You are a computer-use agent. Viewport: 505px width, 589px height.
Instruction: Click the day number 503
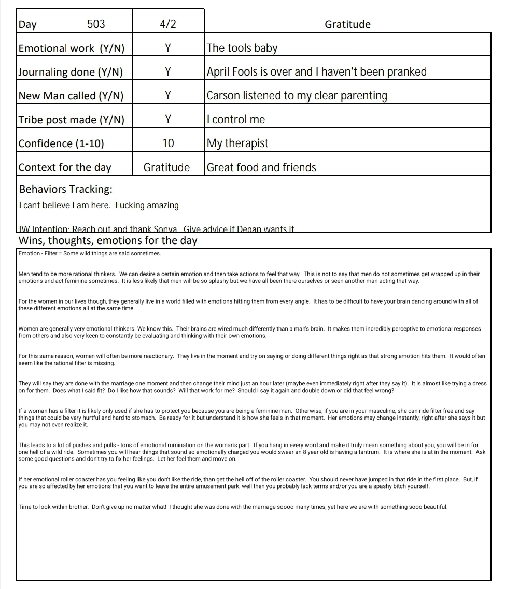[96, 24]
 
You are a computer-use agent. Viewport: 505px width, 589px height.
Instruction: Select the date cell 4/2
[168, 24]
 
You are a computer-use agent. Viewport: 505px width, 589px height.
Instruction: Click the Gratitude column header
[347, 24]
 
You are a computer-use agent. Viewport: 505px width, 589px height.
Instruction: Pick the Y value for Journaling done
[168, 72]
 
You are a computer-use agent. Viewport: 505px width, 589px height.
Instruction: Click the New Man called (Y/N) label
[71, 96]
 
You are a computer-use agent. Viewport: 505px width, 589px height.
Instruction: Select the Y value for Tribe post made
[168, 120]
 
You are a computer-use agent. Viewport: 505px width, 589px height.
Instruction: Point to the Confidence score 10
[168, 143]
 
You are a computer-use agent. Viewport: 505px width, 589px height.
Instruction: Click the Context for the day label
[65, 167]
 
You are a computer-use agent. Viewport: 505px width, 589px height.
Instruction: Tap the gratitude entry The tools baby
[242, 48]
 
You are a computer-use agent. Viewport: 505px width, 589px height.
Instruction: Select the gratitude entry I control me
[236, 120]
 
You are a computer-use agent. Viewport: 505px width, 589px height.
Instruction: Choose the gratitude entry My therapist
[237, 143]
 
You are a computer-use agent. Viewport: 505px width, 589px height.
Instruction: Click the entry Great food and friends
[261, 167]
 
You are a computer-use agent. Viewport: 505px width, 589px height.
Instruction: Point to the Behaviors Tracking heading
[66, 189]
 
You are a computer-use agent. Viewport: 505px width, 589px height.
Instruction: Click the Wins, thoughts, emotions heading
[108, 241]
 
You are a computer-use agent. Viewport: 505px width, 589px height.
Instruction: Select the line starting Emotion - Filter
[90, 254]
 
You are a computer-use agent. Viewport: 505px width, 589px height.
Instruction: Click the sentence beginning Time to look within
[233, 507]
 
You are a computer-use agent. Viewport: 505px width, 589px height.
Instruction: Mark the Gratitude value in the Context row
[166, 167]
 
